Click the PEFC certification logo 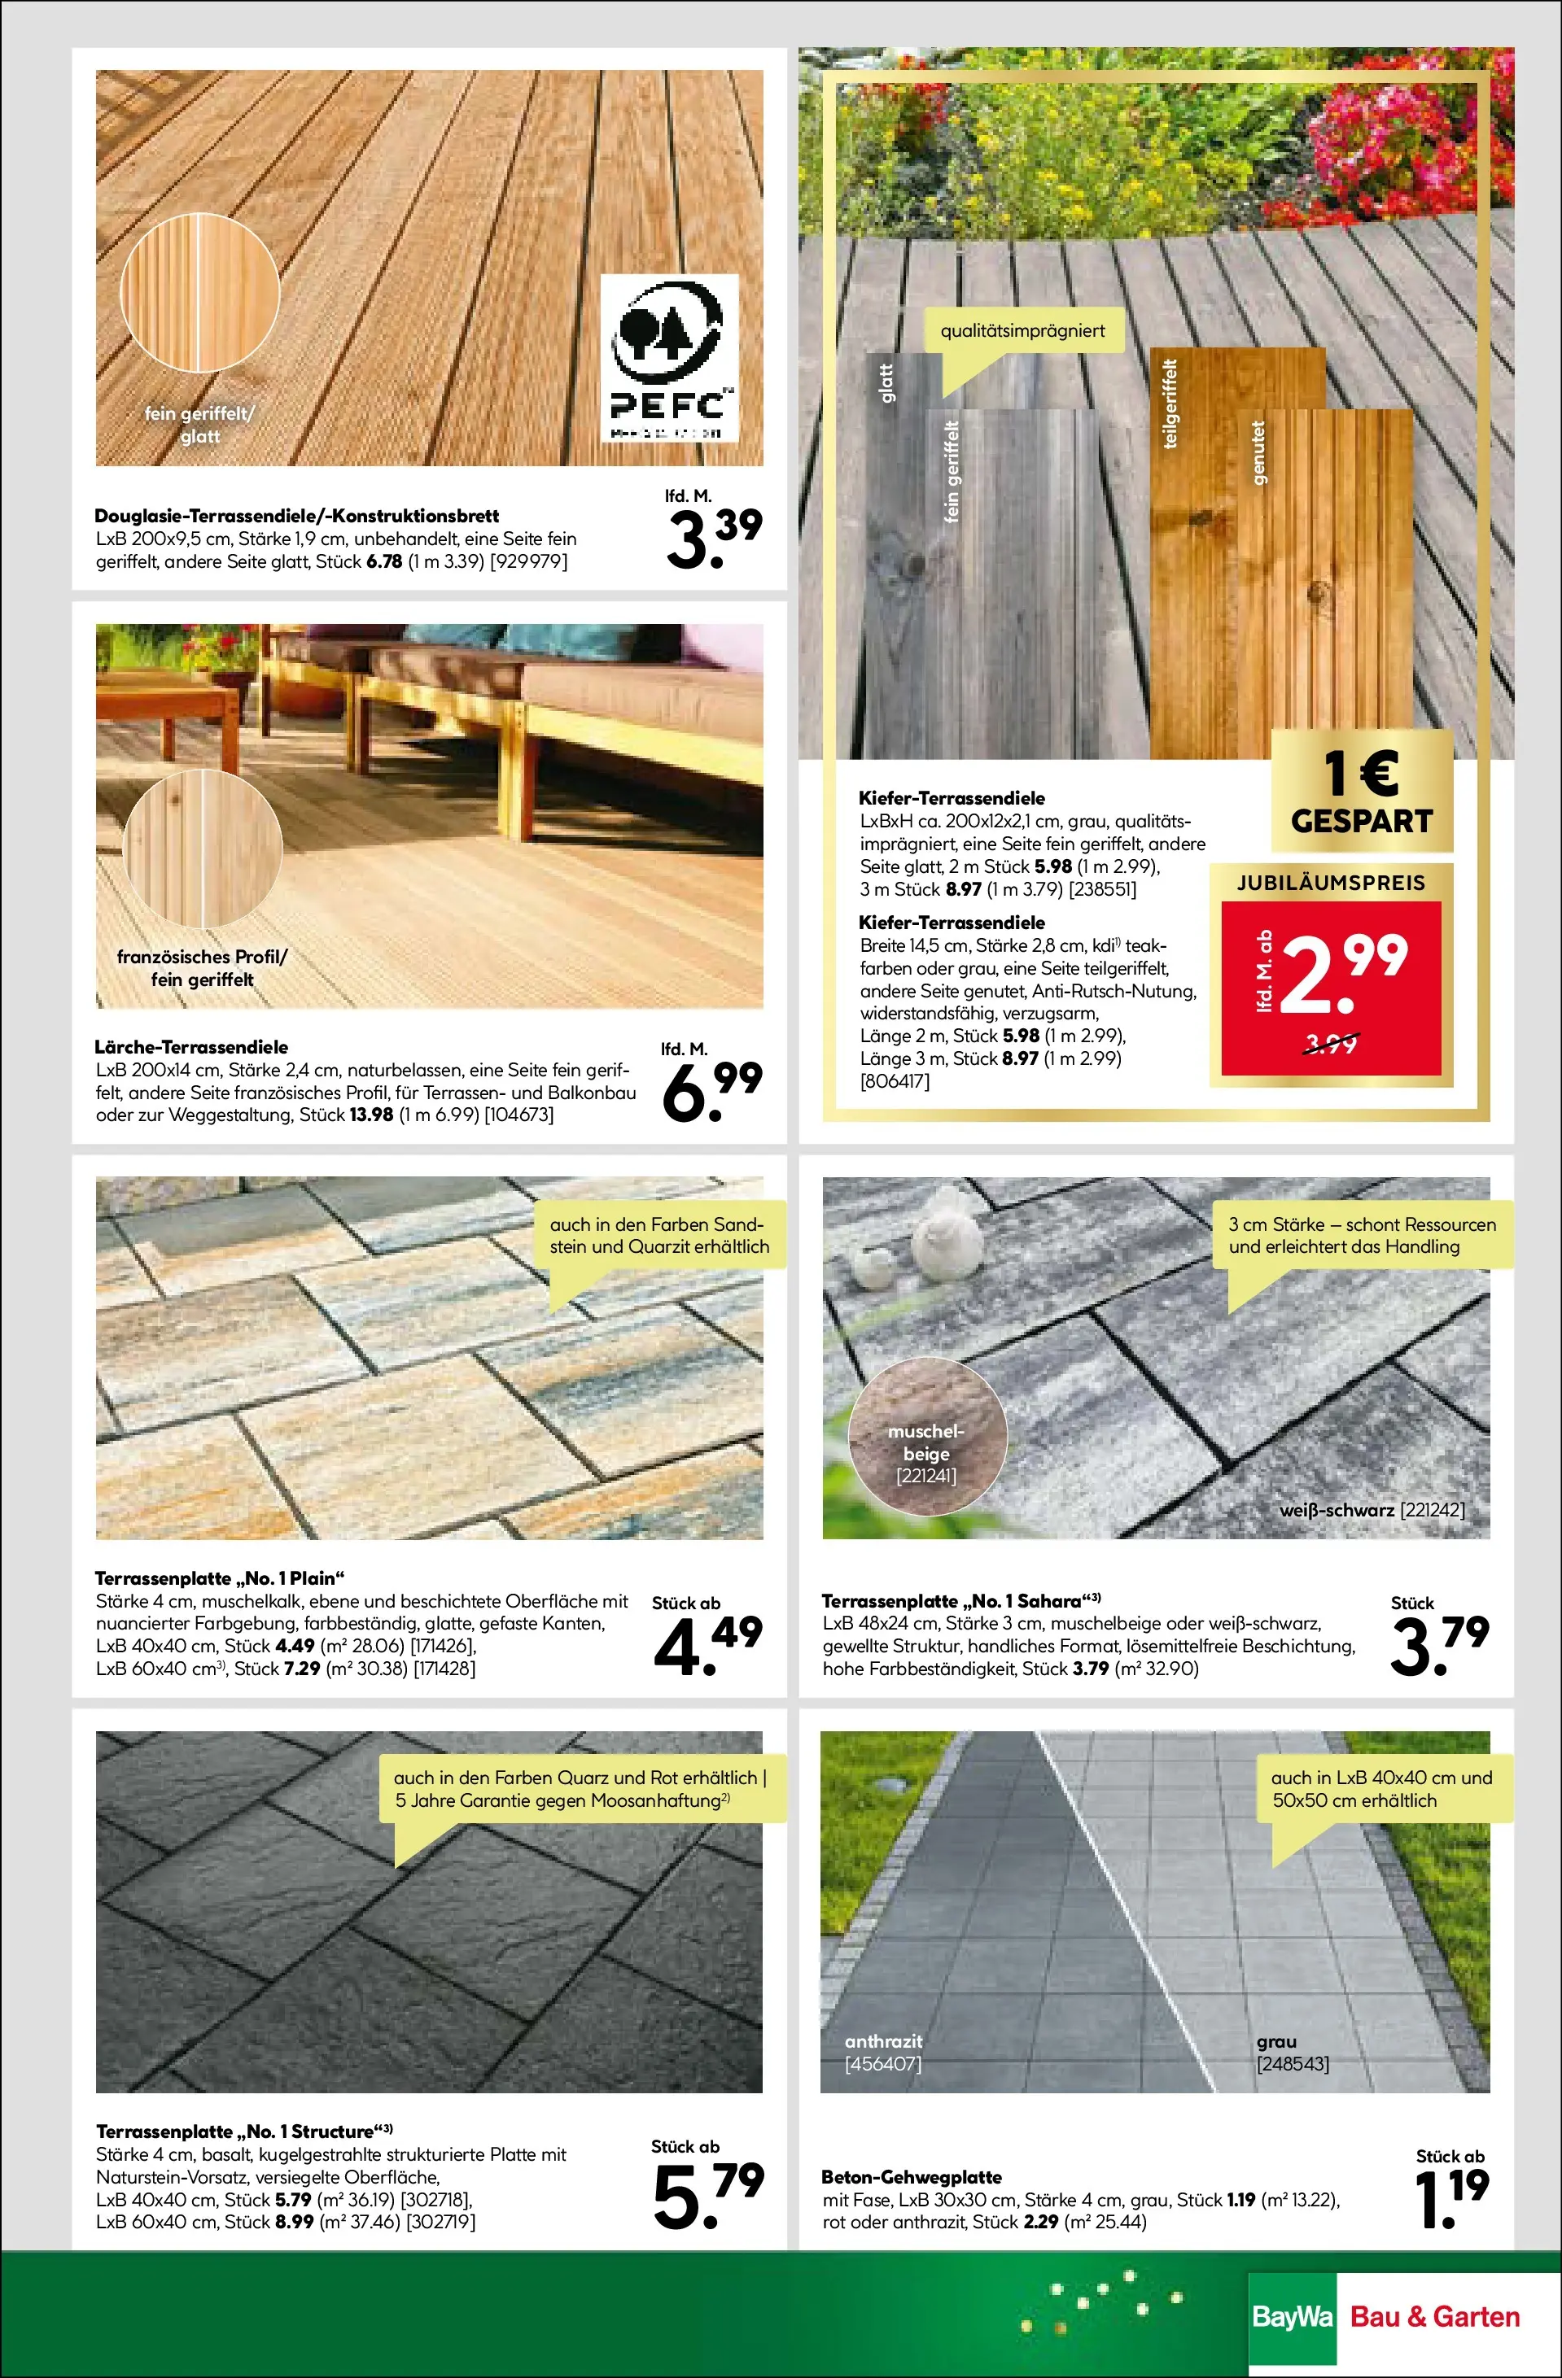(667, 359)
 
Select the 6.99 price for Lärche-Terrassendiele (711, 1090)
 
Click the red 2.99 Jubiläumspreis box (1330, 987)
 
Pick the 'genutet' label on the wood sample (1258, 452)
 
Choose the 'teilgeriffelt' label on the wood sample (1171, 403)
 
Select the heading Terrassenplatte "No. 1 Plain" (219, 1577)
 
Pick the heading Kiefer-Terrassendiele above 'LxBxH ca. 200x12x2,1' (952, 798)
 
